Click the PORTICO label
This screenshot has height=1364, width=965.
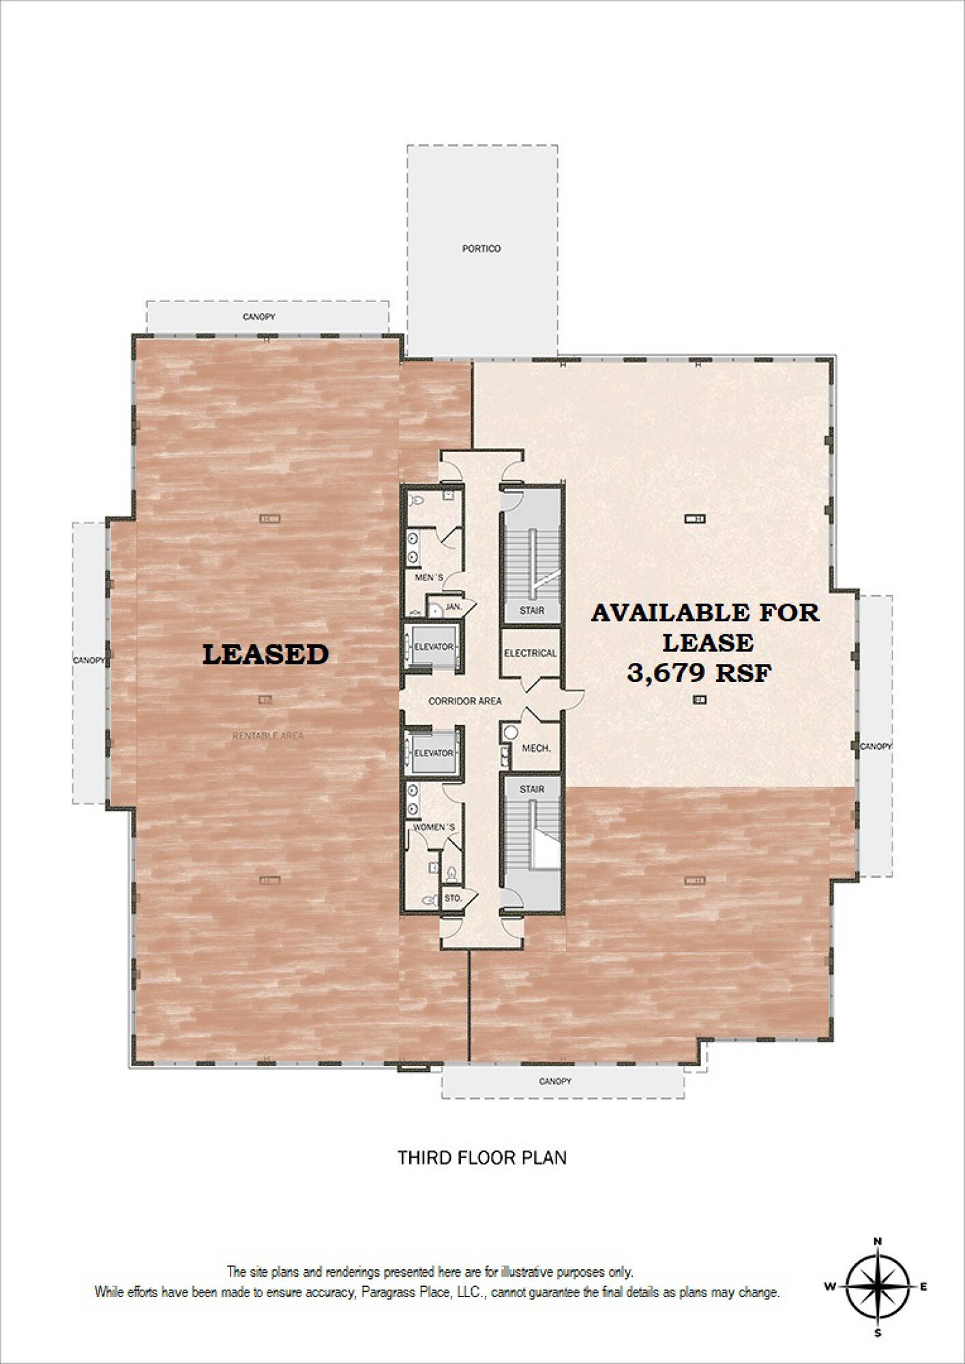click(481, 249)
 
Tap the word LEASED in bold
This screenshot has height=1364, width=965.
click(266, 654)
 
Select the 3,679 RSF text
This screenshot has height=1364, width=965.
click(700, 674)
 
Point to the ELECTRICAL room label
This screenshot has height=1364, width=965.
click(531, 653)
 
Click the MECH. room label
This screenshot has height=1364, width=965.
click(536, 748)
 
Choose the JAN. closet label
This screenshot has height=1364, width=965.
click(454, 606)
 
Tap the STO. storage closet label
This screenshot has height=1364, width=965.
click(453, 898)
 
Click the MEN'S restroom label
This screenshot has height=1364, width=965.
click(430, 578)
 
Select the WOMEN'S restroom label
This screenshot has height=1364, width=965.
click(434, 827)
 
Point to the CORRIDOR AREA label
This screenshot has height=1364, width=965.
click(464, 701)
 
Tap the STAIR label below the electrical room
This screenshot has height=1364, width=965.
click(532, 789)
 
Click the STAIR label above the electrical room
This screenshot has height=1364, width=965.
click(532, 610)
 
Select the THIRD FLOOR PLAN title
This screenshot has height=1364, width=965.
click(482, 1157)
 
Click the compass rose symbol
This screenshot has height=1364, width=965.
click(878, 1286)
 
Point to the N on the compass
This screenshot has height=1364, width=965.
click(878, 1241)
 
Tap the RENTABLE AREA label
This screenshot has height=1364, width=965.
click(268, 736)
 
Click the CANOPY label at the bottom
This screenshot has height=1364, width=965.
click(555, 1082)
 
